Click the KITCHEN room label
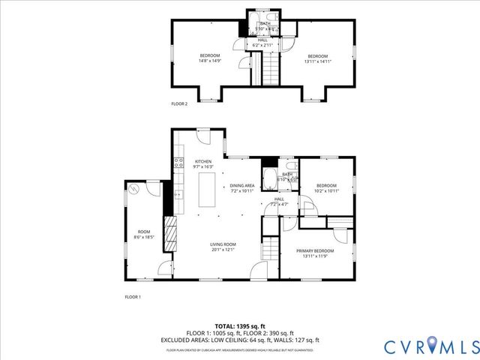pyautogui.click(x=203, y=162)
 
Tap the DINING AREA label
pyautogui.click(x=242, y=184)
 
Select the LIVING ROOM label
pyautogui.click(x=222, y=244)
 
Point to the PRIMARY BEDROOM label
pyautogui.click(x=314, y=250)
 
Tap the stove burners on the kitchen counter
pyautogui.click(x=178, y=161)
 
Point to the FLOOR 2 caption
pyautogui.click(x=179, y=103)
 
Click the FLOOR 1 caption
pyautogui.click(x=133, y=297)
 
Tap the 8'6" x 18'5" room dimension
pyautogui.click(x=142, y=237)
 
